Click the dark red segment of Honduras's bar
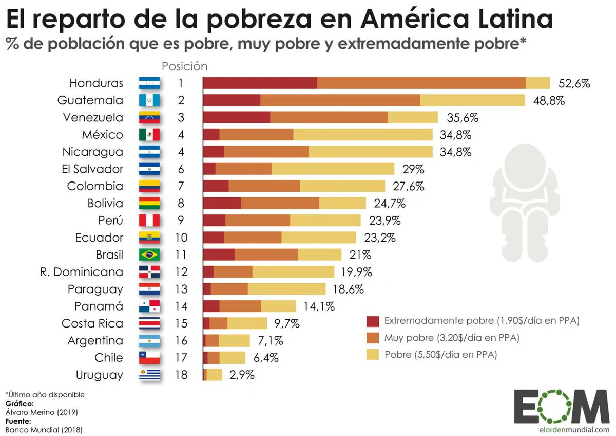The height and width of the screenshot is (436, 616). coord(260,83)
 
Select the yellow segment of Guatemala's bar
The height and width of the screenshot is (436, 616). coord(472,100)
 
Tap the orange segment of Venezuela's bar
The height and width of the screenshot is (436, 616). coord(329,117)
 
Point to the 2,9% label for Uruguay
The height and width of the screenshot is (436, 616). coord(242,375)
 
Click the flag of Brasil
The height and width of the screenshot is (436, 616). coord(149,255)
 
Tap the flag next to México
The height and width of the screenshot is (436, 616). coord(149,135)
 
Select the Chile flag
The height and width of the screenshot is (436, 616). coord(149,358)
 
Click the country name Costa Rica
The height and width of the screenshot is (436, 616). coord(92,323)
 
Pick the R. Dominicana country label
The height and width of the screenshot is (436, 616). coord(82,272)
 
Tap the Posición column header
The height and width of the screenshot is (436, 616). coord(184,66)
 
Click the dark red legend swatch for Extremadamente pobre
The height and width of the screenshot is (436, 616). coord(373,321)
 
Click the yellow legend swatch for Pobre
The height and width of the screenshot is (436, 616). coord(373,354)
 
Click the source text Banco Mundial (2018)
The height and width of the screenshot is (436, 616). coord(44,429)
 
